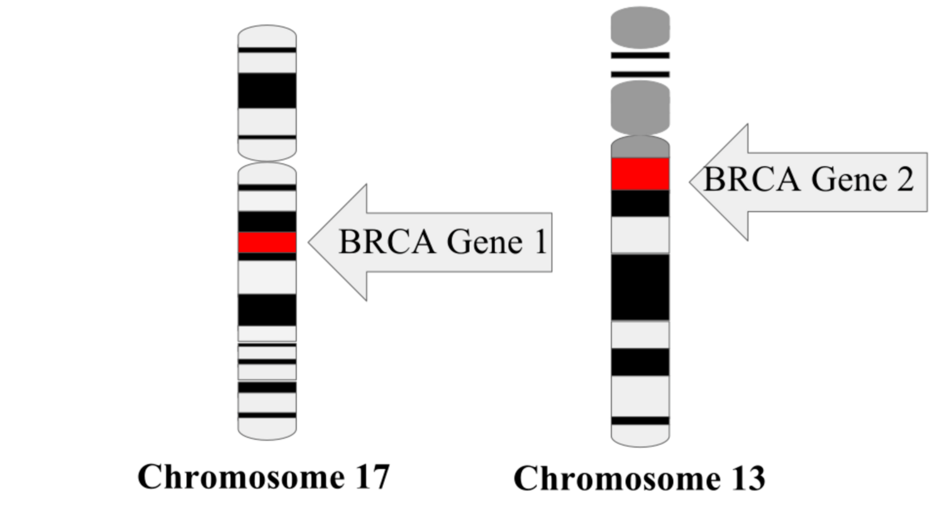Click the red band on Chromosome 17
(x=267, y=242)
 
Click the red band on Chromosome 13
(x=640, y=174)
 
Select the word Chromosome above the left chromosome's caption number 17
(x=241, y=476)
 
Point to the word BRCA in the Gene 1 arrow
(x=387, y=242)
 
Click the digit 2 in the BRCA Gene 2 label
(x=903, y=179)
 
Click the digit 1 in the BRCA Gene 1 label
(x=540, y=242)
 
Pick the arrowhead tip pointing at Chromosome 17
(x=309, y=242)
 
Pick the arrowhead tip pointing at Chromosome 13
(x=690, y=182)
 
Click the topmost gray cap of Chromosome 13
(x=640, y=27)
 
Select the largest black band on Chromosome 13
(x=640, y=287)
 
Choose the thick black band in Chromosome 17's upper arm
(x=267, y=91)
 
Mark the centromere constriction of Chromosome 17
(x=267, y=162)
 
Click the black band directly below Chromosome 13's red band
(x=640, y=203)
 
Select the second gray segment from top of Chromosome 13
(x=640, y=108)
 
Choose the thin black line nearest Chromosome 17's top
(x=267, y=50)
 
